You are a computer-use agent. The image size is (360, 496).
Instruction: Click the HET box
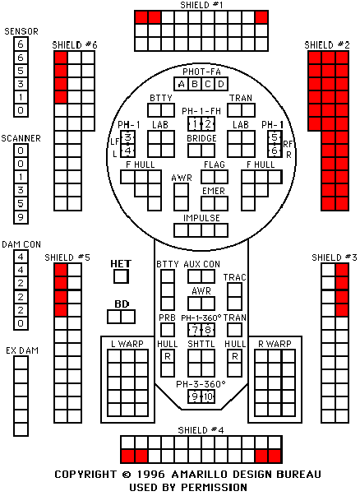[x=121, y=276]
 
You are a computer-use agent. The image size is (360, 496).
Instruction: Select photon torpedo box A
[x=181, y=84]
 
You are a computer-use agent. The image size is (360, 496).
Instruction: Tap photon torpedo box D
[x=221, y=84]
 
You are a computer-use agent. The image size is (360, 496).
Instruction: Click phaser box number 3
[x=127, y=137]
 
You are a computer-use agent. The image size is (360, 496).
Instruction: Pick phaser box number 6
[x=275, y=151]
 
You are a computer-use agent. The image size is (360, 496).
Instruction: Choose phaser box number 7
[x=195, y=330]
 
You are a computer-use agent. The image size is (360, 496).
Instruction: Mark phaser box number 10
[x=208, y=396]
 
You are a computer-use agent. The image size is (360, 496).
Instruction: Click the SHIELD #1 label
[x=201, y=5]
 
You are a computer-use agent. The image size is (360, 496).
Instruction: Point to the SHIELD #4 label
[x=201, y=430]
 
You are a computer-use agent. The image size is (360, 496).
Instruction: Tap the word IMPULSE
[x=201, y=218]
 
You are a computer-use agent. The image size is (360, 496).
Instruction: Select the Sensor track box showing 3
[x=21, y=84]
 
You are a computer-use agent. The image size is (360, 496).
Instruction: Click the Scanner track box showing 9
[x=21, y=217]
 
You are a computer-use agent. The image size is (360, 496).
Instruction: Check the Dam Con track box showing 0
[x=21, y=323]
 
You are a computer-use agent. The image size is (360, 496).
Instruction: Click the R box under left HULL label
[x=168, y=356]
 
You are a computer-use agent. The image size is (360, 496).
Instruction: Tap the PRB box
[x=168, y=330]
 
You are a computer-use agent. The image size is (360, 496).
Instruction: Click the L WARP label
[x=127, y=344]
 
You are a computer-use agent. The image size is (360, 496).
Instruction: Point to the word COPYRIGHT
[x=85, y=474]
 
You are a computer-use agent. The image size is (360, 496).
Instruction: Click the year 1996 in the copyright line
[x=150, y=474]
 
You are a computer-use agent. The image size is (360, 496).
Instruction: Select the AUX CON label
[x=201, y=264]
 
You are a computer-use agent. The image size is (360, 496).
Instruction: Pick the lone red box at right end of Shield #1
[x=261, y=17]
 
